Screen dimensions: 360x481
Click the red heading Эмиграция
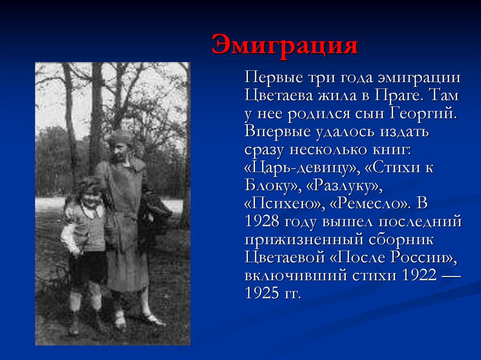click(x=285, y=46)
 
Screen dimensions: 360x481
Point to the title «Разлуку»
click(x=344, y=186)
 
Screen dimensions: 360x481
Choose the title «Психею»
click(x=269, y=204)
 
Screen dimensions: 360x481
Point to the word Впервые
click(x=274, y=132)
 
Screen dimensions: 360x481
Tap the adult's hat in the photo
click(x=119, y=138)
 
